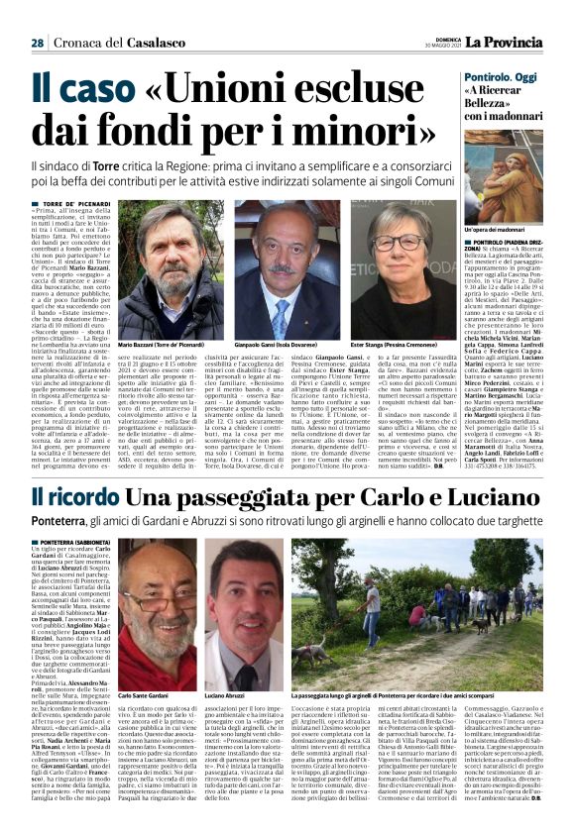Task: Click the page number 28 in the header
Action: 37,44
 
